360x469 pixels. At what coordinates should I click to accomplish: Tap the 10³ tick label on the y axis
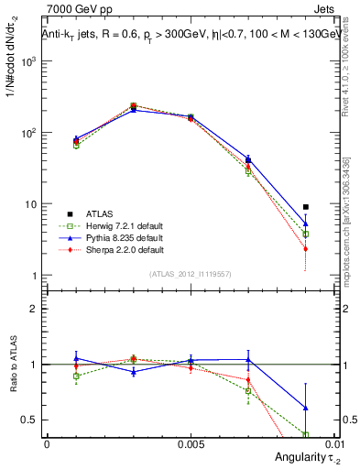point(28,61)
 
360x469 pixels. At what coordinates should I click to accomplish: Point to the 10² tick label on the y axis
point(28,133)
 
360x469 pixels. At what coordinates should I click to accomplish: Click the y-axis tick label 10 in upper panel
point(30,204)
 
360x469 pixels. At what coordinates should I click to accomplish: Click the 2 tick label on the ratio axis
point(34,309)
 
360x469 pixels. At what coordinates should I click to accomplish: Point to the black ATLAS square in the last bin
point(306,207)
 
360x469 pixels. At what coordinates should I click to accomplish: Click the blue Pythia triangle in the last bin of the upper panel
point(306,223)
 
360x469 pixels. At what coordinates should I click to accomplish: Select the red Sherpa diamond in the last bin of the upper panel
point(306,249)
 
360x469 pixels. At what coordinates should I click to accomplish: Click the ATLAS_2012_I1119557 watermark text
point(190,274)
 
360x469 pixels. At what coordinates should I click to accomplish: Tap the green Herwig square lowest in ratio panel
point(306,434)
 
